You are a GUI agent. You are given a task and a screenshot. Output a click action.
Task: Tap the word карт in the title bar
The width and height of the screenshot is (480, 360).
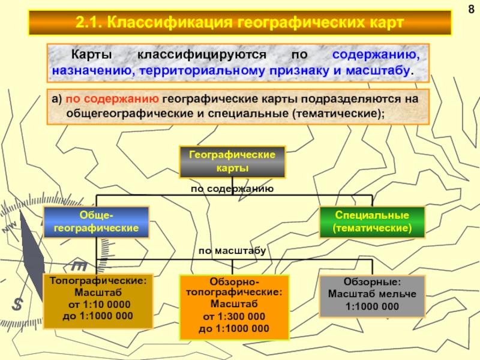coord(384,23)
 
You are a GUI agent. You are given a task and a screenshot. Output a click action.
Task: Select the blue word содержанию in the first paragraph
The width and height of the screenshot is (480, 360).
coord(376,55)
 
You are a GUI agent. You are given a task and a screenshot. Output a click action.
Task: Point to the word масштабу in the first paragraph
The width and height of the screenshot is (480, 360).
coord(385,70)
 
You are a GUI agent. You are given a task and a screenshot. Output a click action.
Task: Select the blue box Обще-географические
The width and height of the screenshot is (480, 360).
coord(96,223)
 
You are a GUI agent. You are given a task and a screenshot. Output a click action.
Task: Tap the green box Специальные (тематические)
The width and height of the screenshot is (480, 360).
coord(372,221)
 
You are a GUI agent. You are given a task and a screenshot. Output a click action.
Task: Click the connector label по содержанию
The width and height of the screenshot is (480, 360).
coord(232,189)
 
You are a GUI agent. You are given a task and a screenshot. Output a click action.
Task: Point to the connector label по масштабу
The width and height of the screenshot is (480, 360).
coord(232,250)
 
